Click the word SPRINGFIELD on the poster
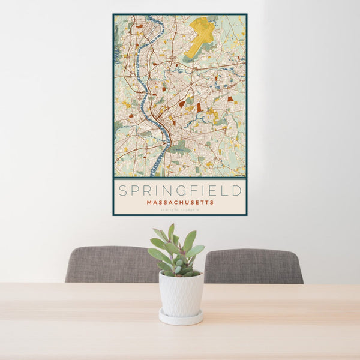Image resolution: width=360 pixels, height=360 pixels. (x=180, y=191)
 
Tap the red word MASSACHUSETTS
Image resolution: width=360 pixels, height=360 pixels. (x=180, y=203)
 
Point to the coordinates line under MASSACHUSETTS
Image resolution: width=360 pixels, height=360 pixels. (x=180, y=210)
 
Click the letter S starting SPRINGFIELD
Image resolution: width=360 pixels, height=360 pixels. (x=122, y=191)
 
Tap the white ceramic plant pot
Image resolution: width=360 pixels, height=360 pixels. (x=181, y=294)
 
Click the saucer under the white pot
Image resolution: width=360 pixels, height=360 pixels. (x=181, y=318)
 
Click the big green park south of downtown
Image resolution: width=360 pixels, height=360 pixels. (x=179, y=147)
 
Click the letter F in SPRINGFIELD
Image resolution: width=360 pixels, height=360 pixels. (x=191, y=191)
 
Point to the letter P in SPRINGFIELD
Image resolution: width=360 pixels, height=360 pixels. (x=135, y=191)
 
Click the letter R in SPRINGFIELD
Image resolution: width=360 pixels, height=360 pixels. (x=147, y=191)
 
